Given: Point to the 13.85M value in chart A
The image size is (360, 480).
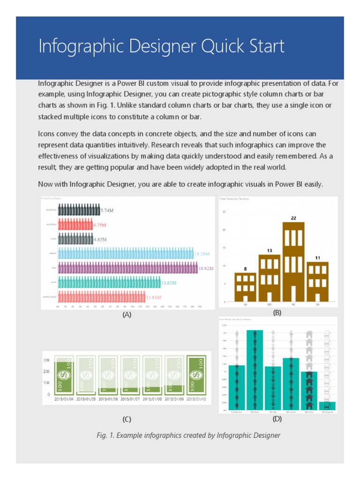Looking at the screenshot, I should pyautogui.click(x=169, y=283).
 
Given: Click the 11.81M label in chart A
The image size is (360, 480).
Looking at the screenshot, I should pyautogui.click(x=153, y=297).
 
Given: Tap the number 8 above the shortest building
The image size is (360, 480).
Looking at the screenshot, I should pyautogui.click(x=245, y=269).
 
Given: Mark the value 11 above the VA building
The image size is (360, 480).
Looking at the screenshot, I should pyautogui.click(x=317, y=258).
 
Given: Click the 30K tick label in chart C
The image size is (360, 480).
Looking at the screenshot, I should pyautogui.click(x=47, y=360).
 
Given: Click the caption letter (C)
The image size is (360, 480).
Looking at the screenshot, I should pyautogui.click(x=127, y=419).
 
